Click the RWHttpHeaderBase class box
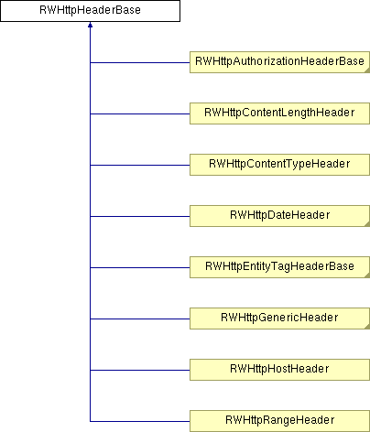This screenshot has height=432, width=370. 90,11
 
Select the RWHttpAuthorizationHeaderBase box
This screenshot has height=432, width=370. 279,62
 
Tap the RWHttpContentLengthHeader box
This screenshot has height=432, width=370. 279,113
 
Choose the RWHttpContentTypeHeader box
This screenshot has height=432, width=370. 279,165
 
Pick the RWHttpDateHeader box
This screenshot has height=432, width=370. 279,216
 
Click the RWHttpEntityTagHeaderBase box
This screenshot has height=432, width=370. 279,267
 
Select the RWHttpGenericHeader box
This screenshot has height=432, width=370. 279,319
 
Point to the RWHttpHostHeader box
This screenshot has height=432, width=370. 279,370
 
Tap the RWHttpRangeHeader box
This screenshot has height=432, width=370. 279,421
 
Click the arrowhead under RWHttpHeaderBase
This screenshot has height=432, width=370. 90,25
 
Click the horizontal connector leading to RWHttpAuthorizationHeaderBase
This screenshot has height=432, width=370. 140,63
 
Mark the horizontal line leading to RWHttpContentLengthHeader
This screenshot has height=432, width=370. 140,114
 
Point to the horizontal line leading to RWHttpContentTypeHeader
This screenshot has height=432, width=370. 140,166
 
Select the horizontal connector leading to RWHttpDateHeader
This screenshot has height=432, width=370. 140,217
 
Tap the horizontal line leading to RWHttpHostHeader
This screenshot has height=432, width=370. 140,371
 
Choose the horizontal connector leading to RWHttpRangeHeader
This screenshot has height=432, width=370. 140,422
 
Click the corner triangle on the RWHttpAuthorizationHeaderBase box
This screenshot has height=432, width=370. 367,71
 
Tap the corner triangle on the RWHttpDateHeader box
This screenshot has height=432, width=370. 367,225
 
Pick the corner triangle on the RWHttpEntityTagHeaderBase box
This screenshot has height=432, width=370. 367,276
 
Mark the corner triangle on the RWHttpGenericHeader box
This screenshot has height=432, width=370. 367,328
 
